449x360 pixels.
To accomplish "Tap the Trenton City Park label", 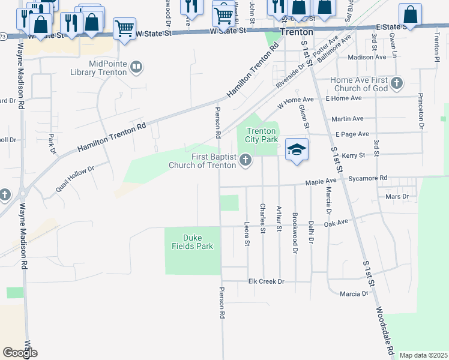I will [261, 134].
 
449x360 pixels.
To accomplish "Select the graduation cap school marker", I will [297, 149].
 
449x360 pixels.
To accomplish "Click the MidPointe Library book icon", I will [137, 67].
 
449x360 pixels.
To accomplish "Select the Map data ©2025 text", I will [423, 355].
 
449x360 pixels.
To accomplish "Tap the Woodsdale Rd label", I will [385, 331].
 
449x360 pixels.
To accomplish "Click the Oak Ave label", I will [336, 223].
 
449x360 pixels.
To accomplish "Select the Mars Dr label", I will [397, 196].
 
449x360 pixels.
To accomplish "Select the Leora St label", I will [247, 234].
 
